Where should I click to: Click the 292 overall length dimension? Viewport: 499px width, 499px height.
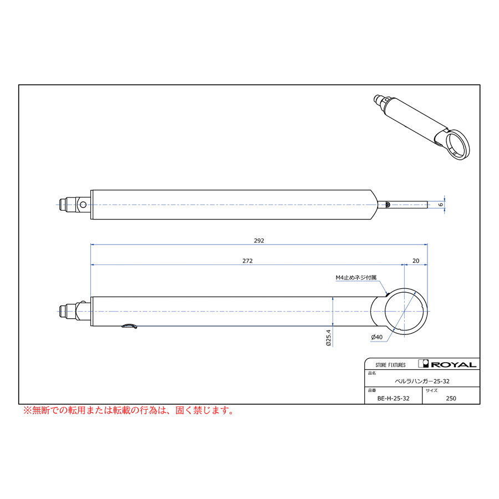tap(259, 241)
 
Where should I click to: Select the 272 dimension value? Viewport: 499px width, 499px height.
tap(247, 261)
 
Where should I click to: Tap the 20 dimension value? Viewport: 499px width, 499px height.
tap(416, 261)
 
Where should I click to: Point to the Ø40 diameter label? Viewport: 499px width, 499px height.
tap(377, 337)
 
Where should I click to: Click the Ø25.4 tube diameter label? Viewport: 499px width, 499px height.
tap(328, 338)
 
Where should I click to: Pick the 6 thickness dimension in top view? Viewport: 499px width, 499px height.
tap(440, 204)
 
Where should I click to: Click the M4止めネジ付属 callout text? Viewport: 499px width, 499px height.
tap(356, 278)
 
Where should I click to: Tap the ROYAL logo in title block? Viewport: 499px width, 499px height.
tap(447, 364)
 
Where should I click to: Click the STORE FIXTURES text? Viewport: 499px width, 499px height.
tap(390, 365)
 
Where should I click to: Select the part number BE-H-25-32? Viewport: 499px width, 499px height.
tap(393, 399)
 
